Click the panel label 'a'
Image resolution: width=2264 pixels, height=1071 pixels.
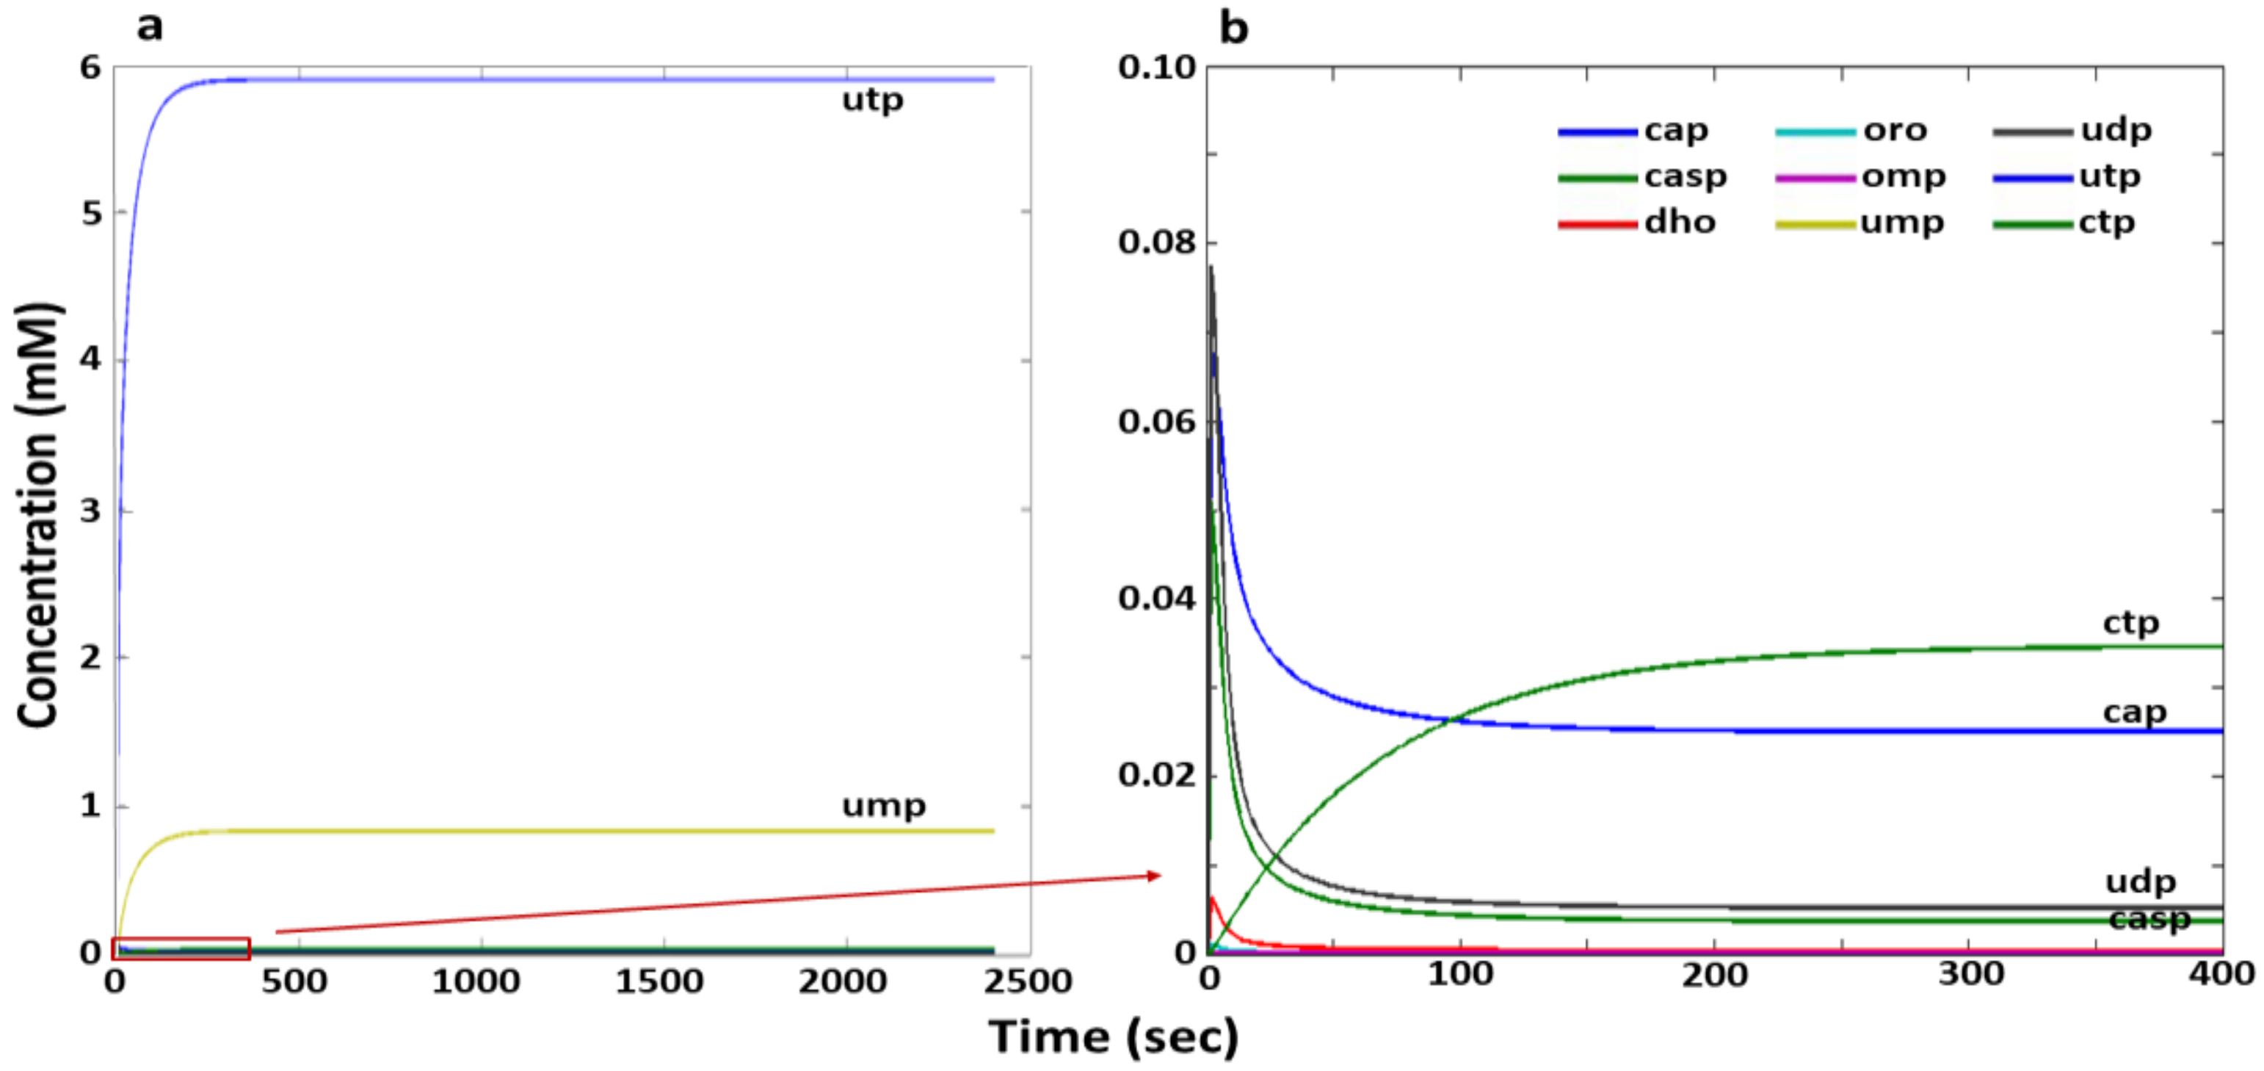pos(150,26)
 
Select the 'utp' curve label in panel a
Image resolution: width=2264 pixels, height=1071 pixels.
pos(872,100)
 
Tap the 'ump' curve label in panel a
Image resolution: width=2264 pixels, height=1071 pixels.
pos(883,805)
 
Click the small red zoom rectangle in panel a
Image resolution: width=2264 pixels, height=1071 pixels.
pos(181,948)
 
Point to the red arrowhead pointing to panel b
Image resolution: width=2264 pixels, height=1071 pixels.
pos(1153,875)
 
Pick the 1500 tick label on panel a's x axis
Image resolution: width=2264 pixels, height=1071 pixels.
pos(659,981)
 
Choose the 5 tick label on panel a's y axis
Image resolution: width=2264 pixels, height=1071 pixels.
pos(92,213)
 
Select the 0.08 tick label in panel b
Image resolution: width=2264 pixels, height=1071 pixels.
pos(1157,242)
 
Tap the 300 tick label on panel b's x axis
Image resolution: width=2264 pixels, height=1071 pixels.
pos(1971,974)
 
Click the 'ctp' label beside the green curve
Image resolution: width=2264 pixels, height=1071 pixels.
pos(2130,624)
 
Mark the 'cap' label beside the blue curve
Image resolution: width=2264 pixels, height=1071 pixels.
pos(2134,713)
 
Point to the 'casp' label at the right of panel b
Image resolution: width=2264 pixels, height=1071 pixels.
pos(2149,919)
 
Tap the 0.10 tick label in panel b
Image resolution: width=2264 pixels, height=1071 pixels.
pos(1157,67)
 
